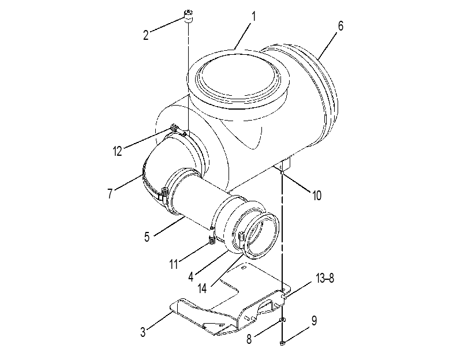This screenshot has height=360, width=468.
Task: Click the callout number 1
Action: point(254,17)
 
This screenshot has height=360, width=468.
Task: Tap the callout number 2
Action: point(145,35)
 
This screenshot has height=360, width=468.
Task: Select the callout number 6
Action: point(340,27)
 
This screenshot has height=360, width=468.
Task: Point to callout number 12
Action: point(118,151)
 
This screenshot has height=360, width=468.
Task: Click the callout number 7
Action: point(110,193)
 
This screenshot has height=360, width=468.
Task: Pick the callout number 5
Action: point(147,237)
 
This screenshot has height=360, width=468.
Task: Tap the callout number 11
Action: point(174,264)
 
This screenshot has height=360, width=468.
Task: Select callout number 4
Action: point(191,277)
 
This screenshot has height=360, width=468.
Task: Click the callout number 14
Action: point(202,288)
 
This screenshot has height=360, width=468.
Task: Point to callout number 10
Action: point(317,196)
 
